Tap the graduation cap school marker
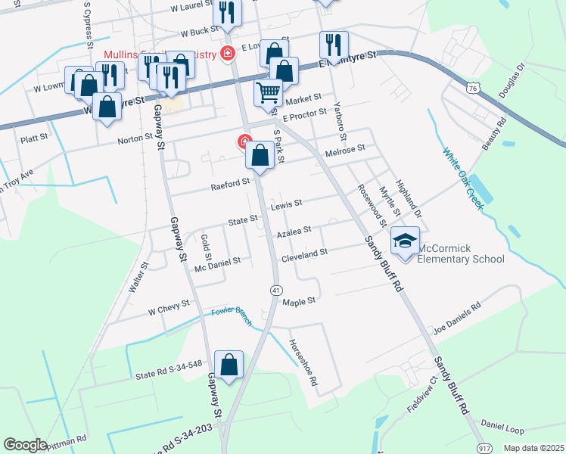pos(405,242)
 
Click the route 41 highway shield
pos(277,291)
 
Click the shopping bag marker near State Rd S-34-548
pos(229,365)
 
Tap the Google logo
pos(25,445)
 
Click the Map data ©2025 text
pos(533,448)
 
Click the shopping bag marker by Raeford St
pos(260,157)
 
